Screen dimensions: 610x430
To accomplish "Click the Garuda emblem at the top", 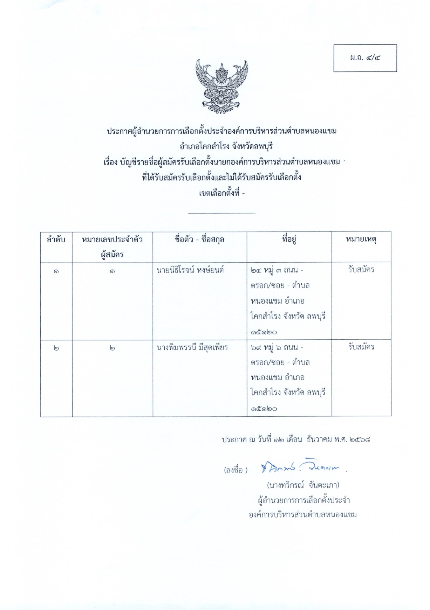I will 222,87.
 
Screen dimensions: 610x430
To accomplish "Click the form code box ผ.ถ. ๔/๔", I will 365,58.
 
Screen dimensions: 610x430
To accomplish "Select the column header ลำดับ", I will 56,240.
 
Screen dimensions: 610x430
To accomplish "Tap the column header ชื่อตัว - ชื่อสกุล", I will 199,240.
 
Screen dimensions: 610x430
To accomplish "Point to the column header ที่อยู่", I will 289,240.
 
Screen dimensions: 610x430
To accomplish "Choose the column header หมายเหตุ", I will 361,240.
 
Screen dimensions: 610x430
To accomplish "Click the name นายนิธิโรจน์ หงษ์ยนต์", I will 190,270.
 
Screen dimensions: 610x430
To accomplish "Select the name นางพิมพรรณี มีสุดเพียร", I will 192,347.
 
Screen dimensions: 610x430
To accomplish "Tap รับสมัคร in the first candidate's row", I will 361,270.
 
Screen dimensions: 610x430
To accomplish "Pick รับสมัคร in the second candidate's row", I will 361,347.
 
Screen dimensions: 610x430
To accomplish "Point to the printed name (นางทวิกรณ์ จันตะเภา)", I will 303,485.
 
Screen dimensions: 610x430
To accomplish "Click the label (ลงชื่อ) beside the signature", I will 236,470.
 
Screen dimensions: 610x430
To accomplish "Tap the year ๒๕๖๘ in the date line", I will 360,439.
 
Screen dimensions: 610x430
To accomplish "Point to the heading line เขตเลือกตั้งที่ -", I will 221,193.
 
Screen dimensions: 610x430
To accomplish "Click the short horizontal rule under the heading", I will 221,213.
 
